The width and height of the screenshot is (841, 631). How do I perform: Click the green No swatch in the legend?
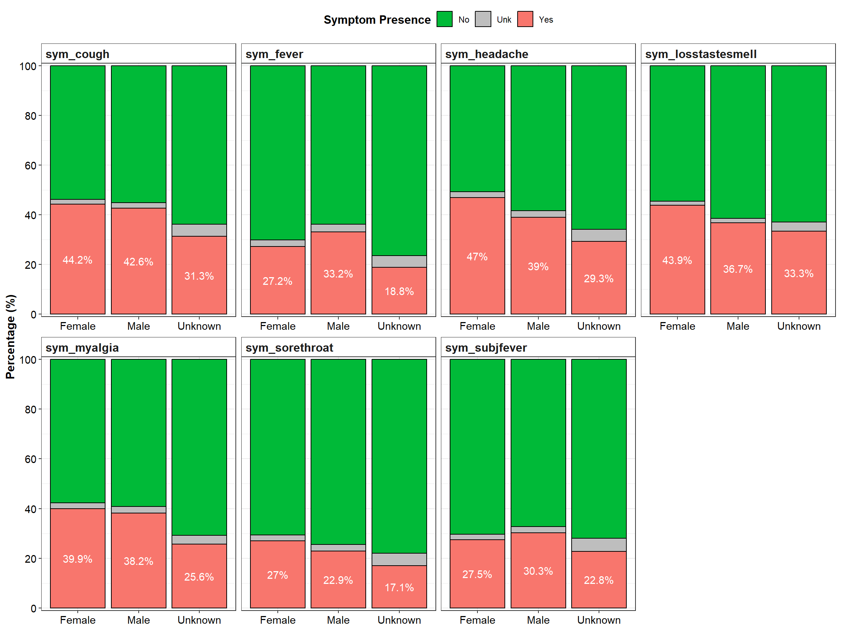click(445, 19)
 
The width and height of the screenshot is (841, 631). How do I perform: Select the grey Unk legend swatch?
click(483, 19)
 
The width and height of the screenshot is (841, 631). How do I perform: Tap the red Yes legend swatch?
click(525, 19)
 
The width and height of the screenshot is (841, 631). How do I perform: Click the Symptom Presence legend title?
click(377, 20)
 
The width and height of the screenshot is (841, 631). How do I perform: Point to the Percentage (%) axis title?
click(10, 337)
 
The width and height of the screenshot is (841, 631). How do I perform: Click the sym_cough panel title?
click(77, 54)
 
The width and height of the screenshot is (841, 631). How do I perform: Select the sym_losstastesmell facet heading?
click(701, 54)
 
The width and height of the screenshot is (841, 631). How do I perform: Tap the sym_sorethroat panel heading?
click(289, 348)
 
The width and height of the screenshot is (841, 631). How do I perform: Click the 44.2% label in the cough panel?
click(77, 260)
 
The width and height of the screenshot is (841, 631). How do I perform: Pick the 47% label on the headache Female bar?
click(477, 257)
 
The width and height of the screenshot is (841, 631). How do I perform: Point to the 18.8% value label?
click(399, 291)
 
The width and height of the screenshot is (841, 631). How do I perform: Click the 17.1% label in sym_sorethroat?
click(399, 588)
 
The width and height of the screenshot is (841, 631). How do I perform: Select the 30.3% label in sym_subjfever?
click(538, 571)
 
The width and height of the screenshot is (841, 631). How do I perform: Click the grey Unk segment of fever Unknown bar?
click(399, 261)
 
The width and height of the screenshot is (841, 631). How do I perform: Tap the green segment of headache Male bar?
click(538, 138)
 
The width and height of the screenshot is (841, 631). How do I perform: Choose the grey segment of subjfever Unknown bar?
click(599, 545)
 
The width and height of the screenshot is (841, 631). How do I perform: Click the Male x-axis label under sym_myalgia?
click(138, 620)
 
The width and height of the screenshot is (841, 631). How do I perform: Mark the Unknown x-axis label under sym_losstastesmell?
click(799, 326)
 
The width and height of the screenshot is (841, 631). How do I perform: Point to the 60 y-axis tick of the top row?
click(30, 166)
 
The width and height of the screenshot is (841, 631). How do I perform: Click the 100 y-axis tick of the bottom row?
click(28, 360)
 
